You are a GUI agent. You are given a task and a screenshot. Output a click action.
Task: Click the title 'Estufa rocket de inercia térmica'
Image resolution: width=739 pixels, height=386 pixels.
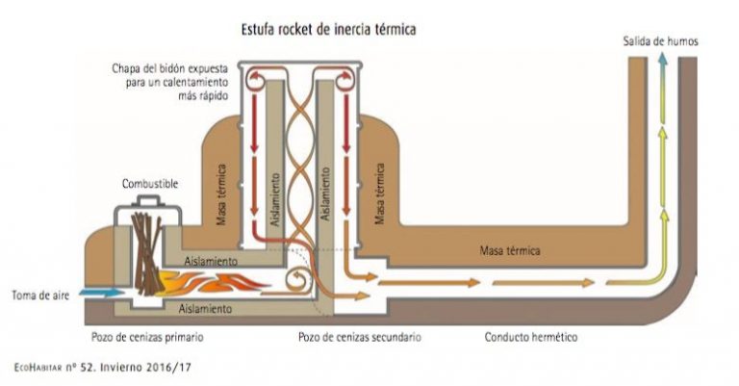coord(328,30)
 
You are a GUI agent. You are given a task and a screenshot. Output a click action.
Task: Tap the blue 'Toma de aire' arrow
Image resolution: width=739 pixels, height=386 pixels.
coord(100,293)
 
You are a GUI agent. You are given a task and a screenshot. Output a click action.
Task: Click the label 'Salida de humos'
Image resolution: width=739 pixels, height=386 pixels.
coord(660,41)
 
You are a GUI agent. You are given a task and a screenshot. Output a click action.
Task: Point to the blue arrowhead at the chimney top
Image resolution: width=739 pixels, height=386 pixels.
coord(662,59)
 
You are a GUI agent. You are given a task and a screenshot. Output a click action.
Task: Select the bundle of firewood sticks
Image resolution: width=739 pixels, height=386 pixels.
coord(147,253)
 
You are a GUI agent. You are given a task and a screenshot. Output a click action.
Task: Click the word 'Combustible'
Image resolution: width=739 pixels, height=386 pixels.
coord(150,184)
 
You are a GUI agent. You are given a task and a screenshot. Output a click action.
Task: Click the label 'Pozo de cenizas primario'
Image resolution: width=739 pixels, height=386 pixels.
coord(147,338)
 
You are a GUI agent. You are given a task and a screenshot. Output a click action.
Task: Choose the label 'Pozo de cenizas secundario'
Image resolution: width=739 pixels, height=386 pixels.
coord(360,338)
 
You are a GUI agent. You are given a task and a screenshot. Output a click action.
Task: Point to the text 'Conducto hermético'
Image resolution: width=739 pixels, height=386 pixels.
coord(531,338)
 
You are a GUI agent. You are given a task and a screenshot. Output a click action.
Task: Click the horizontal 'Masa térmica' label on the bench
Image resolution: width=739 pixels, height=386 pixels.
coord(509,250)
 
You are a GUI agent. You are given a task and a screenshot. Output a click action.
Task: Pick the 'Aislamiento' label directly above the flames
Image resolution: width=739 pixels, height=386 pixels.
coord(211,261)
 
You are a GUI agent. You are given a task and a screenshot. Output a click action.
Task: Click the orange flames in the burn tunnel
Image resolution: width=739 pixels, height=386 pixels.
coord(212,281)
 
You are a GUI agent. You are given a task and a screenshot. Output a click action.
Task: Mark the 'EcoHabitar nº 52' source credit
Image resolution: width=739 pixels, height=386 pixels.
coord(103,367)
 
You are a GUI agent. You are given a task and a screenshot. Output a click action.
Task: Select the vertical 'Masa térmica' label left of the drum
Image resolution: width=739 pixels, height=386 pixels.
coord(221,194)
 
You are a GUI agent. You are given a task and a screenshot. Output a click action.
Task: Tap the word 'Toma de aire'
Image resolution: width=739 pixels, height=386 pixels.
coord(40,296)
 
